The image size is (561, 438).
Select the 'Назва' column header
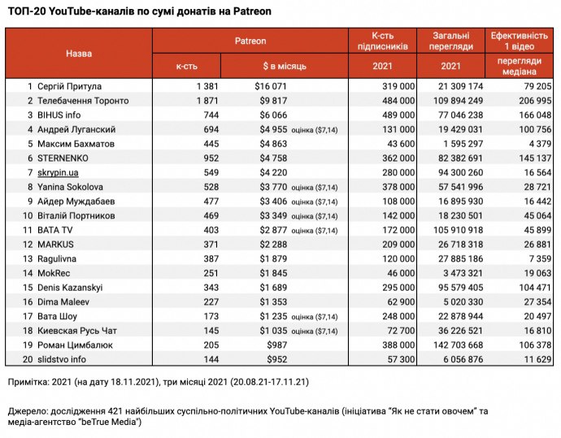tap(79, 53)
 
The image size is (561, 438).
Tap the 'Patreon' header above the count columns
tap(250, 41)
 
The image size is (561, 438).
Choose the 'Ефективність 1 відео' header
tap(519, 41)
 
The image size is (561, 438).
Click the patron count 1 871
tap(208, 100)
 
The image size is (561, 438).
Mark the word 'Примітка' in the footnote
tap(27, 381)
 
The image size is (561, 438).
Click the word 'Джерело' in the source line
tap(27, 411)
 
